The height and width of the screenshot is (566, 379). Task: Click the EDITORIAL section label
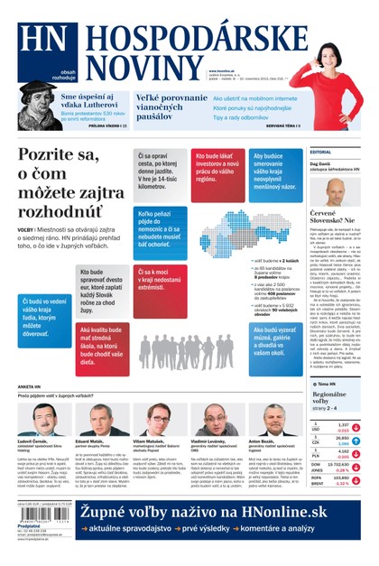[x=321, y=152]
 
